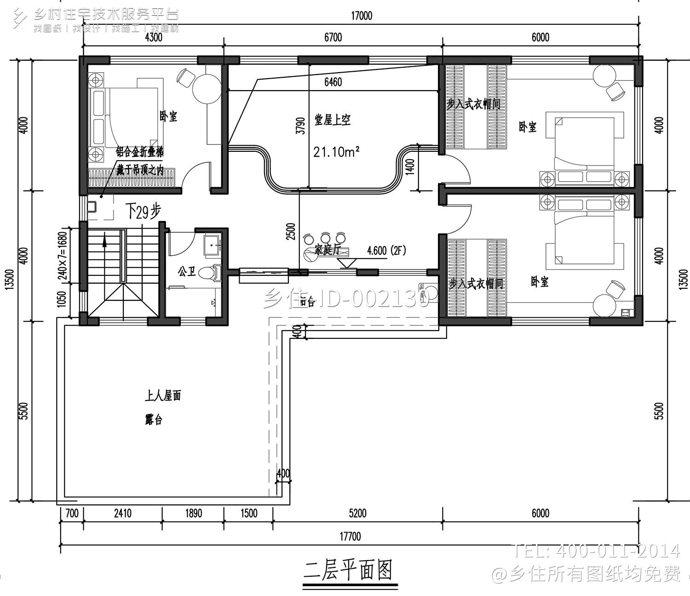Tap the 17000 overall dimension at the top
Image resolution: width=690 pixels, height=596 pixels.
click(361, 16)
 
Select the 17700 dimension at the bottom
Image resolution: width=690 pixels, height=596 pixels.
click(350, 537)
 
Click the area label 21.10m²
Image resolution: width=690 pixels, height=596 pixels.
click(336, 151)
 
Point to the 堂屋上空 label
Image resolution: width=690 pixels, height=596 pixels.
click(333, 120)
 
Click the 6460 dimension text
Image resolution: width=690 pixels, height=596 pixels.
click(333, 82)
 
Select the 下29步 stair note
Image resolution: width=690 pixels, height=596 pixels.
click(143, 212)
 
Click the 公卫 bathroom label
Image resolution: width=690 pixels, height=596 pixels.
click(187, 272)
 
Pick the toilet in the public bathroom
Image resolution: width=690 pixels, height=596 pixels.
click(213, 272)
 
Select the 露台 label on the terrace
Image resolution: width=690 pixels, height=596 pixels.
click(154, 420)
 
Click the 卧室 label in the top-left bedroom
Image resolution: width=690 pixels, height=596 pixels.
click(168, 116)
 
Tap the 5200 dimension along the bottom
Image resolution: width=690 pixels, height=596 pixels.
click(357, 513)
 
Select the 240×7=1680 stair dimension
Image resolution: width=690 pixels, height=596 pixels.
click(63, 252)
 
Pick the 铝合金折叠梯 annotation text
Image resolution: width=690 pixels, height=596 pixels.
click(139, 152)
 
